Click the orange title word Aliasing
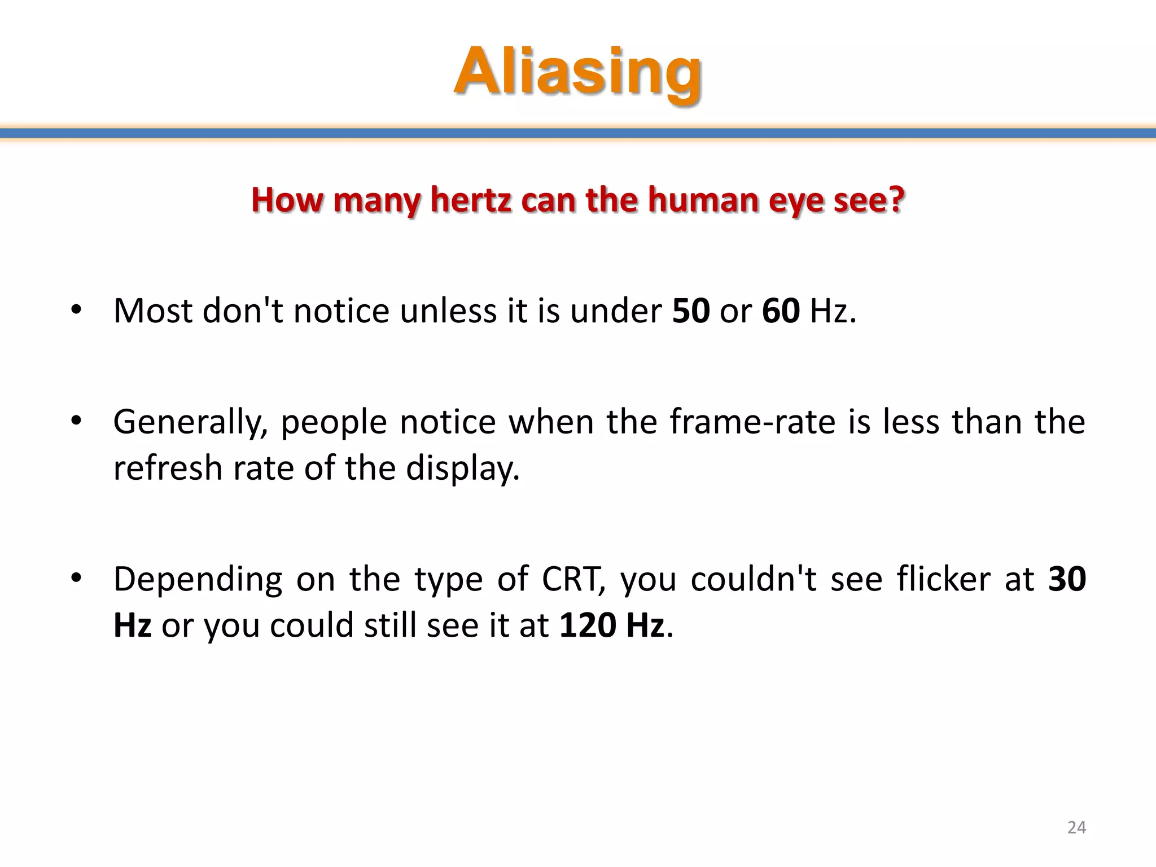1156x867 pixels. pos(578,72)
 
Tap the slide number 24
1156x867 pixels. pos(1076,827)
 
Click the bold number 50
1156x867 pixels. pos(691,310)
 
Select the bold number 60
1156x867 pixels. pos(781,310)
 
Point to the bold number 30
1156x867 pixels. pos(1066,579)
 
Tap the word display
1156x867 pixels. pos(462,469)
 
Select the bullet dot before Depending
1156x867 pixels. pos(77,577)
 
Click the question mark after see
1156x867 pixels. pos(896,200)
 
